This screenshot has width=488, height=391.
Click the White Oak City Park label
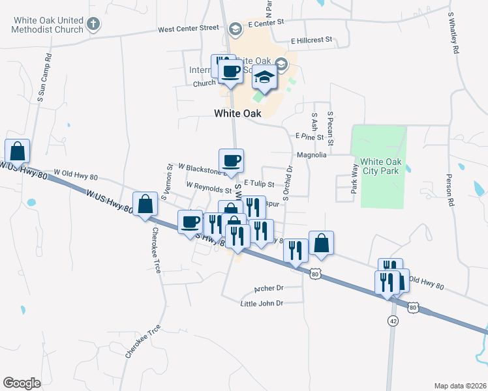[x=379, y=166]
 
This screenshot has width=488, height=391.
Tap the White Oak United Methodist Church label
[x=47, y=25]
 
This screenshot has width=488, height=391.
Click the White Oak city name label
[x=237, y=113]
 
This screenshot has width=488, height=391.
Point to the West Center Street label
[x=189, y=29]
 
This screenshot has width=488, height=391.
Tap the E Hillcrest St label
[x=312, y=40]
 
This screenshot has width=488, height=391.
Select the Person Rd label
[x=450, y=189]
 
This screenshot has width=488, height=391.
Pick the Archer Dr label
[x=271, y=288]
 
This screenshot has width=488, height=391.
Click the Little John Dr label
[x=262, y=304]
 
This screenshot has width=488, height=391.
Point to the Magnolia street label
[x=311, y=155]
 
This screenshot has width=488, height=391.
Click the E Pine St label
[x=309, y=137]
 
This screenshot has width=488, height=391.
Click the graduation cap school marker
[x=264, y=78]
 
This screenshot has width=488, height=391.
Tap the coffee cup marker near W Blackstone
[x=231, y=160]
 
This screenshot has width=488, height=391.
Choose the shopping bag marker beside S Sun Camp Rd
[x=18, y=151]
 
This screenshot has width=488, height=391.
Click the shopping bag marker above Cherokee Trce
[x=145, y=204]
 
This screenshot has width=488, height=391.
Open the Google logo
[x=22, y=383]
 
